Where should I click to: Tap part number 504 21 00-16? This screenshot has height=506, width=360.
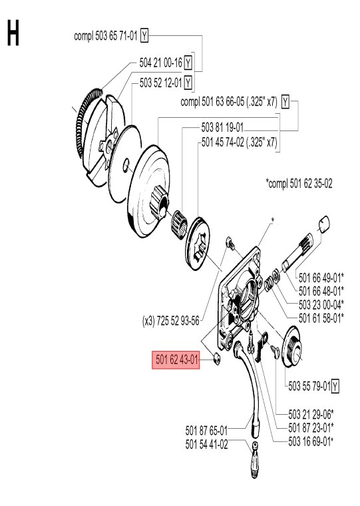tap(160, 63)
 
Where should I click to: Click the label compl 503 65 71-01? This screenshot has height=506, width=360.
tap(106, 36)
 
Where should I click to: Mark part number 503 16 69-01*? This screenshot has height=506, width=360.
tap(311, 439)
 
